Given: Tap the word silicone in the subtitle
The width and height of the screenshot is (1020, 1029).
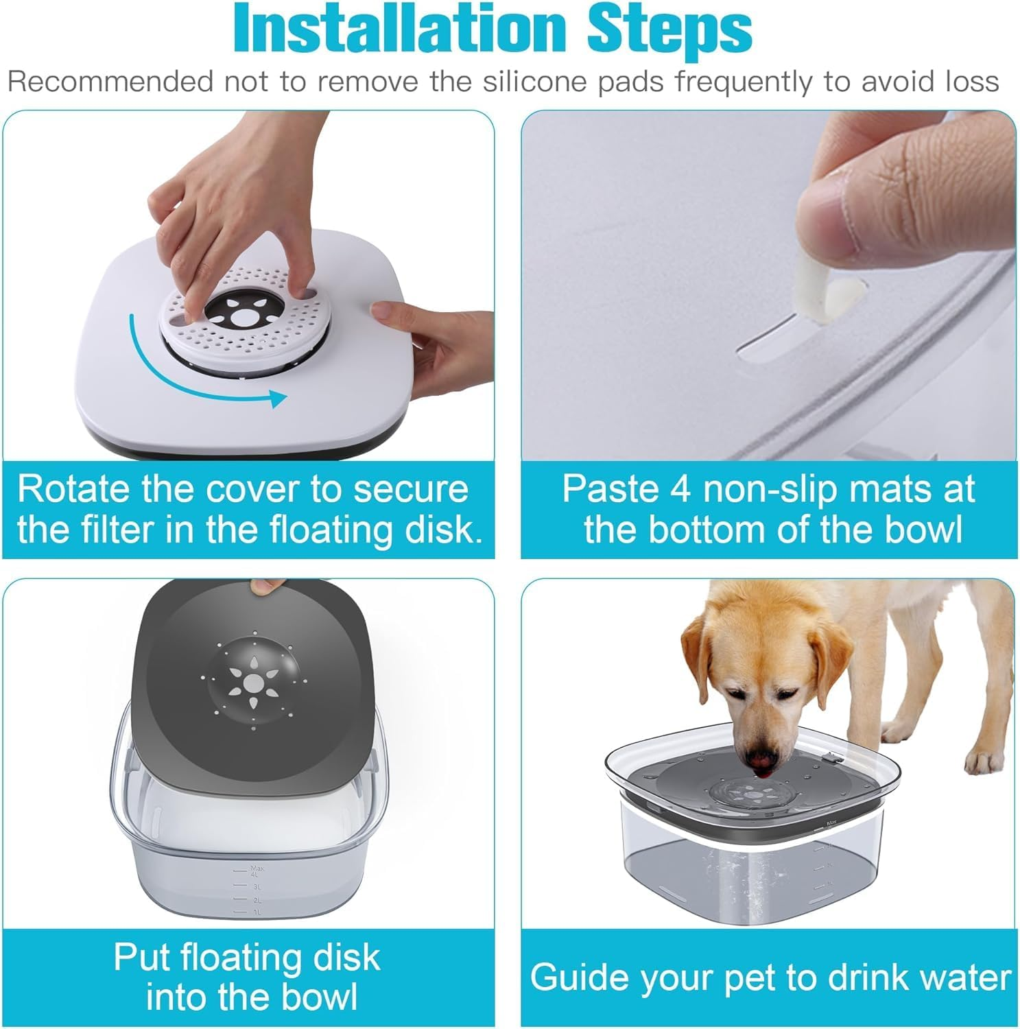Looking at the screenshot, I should pyautogui.click(x=536, y=82).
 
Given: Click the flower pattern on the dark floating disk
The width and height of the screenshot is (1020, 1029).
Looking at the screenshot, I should pyautogui.click(x=254, y=681).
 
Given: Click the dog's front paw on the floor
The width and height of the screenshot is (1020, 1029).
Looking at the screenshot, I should pyautogui.click(x=984, y=761).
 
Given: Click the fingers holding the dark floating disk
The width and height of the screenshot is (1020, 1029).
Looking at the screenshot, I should pyautogui.click(x=268, y=586).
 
